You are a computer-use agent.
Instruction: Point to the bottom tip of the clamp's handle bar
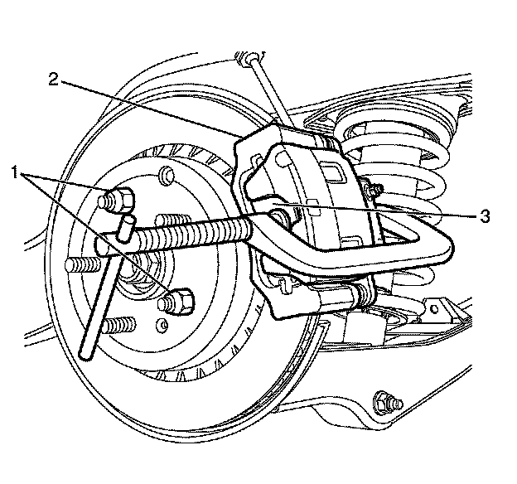point(86,354)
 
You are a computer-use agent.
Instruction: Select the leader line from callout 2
point(149,107)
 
